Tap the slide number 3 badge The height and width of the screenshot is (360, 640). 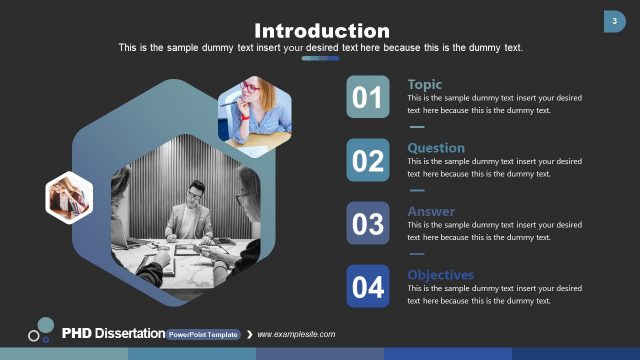pyautogui.click(x=613, y=21)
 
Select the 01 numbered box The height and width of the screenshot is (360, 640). pyautogui.click(x=368, y=97)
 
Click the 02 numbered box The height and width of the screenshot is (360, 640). pyautogui.click(x=368, y=160)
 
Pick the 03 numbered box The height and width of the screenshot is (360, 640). pyautogui.click(x=368, y=224)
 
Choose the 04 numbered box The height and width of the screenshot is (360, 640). pyautogui.click(x=368, y=287)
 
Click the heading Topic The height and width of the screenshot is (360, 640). pyautogui.click(x=425, y=84)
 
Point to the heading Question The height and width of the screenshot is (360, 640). pyautogui.click(x=436, y=148)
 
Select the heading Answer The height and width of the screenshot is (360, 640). pyautogui.click(x=431, y=211)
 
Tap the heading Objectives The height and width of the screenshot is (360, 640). pyautogui.click(x=441, y=275)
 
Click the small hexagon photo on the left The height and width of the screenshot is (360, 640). pyautogui.click(x=69, y=197)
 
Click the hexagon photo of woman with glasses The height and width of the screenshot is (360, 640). pyautogui.click(x=255, y=115)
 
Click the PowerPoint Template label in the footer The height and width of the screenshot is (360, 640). pyautogui.click(x=203, y=334)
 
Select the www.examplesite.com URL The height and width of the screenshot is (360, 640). pyautogui.click(x=297, y=334)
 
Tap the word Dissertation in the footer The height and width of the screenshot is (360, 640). pyautogui.click(x=129, y=333)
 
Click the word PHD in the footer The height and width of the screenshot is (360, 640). pyautogui.click(x=76, y=333)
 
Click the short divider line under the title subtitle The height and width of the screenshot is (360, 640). pyautogui.click(x=320, y=58)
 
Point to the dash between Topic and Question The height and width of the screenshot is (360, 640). pyautogui.click(x=417, y=127)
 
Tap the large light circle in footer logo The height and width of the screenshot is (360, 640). pyautogui.click(x=45, y=324)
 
